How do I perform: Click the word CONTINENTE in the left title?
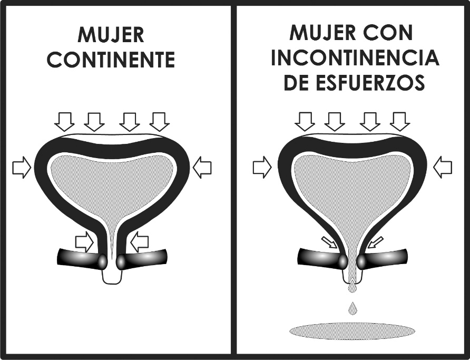click(x=111, y=60)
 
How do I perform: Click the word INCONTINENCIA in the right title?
click(x=355, y=57)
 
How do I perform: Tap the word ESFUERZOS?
click(x=370, y=82)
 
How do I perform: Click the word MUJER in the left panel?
click(x=111, y=35)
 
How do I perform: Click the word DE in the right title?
click(x=297, y=82)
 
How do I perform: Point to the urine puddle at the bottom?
click(x=352, y=331)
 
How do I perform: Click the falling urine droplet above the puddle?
click(x=353, y=308)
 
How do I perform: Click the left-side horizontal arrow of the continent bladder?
click(x=22, y=167)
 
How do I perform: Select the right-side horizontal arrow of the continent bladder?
click(x=202, y=167)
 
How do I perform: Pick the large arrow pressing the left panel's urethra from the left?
click(x=84, y=241)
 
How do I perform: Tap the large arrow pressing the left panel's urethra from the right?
click(x=140, y=241)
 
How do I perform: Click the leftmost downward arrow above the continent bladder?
click(x=64, y=122)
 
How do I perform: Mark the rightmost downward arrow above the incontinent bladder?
click(x=399, y=122)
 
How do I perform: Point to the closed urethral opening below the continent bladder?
click(x=112, y=276)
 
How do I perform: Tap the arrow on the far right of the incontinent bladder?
click(x=443, y=167)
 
